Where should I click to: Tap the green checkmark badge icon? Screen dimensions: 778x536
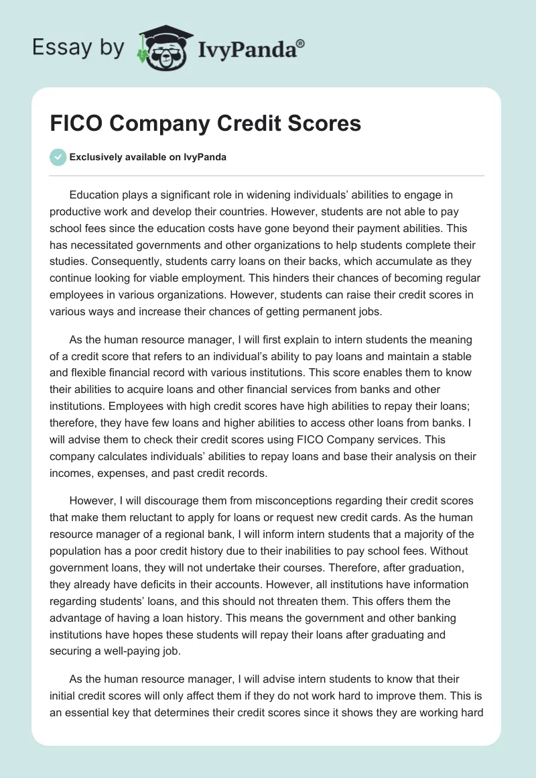pyautogui.click(x=58, y=157)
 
